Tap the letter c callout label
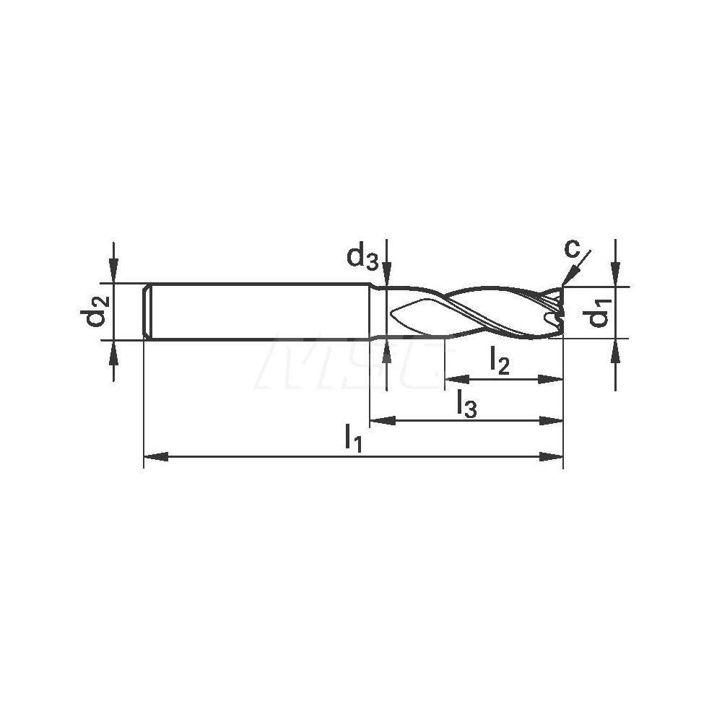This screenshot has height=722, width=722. pos(572,249)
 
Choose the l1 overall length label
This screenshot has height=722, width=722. pos(353,437)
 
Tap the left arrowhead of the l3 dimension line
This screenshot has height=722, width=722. pos(380,419)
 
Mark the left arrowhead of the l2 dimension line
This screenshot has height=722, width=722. pos(454,378)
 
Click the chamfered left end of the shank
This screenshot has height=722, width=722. pos(147,311)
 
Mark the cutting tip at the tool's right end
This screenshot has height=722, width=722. pos(559,310)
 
